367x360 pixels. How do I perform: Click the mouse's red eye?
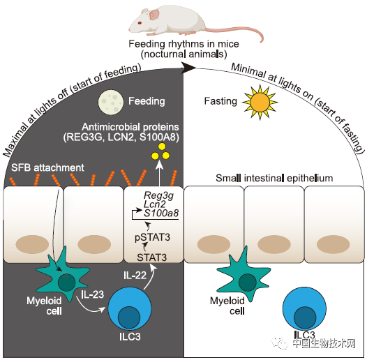pyautogui.click(x=140, y=23)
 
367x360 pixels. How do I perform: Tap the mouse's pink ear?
pyautogui.click(x=154, y=14)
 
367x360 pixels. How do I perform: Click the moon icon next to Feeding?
pyautogui.click(x=111, y=103)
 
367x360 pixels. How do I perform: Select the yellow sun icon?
pyautogui.click(x=260, y=103)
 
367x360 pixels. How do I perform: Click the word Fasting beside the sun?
pyautogui.click(x=220, y=101)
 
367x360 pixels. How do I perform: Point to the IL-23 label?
pyautogui.click(x=92, y=294)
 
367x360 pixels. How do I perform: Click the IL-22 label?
pyautogui.click(x=135, y=276)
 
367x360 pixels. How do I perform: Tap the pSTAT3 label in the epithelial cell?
pyautogui.click(x=153, y=237)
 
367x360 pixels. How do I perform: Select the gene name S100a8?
pyautogui.click(x=161, y=213)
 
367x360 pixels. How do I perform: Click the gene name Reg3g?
pyautogui.click(x=158, y=195)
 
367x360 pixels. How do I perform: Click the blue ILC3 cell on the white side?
pyautogui.click(x=304, y=308)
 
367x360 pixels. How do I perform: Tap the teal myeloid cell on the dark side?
pyautogui.click(x=63, y=276)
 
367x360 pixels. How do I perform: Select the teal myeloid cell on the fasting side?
pyautogui.click(x=244, y=276)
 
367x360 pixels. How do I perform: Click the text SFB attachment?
pyautogui.click(x=47, y=167)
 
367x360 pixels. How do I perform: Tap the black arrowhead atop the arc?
pyautogui.click(x=188, y=67)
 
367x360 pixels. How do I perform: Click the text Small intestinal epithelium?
pyautogui.click(x=274, y=178)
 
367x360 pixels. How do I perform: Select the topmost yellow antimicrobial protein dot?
pyautogui.click(x=162, y=147)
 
